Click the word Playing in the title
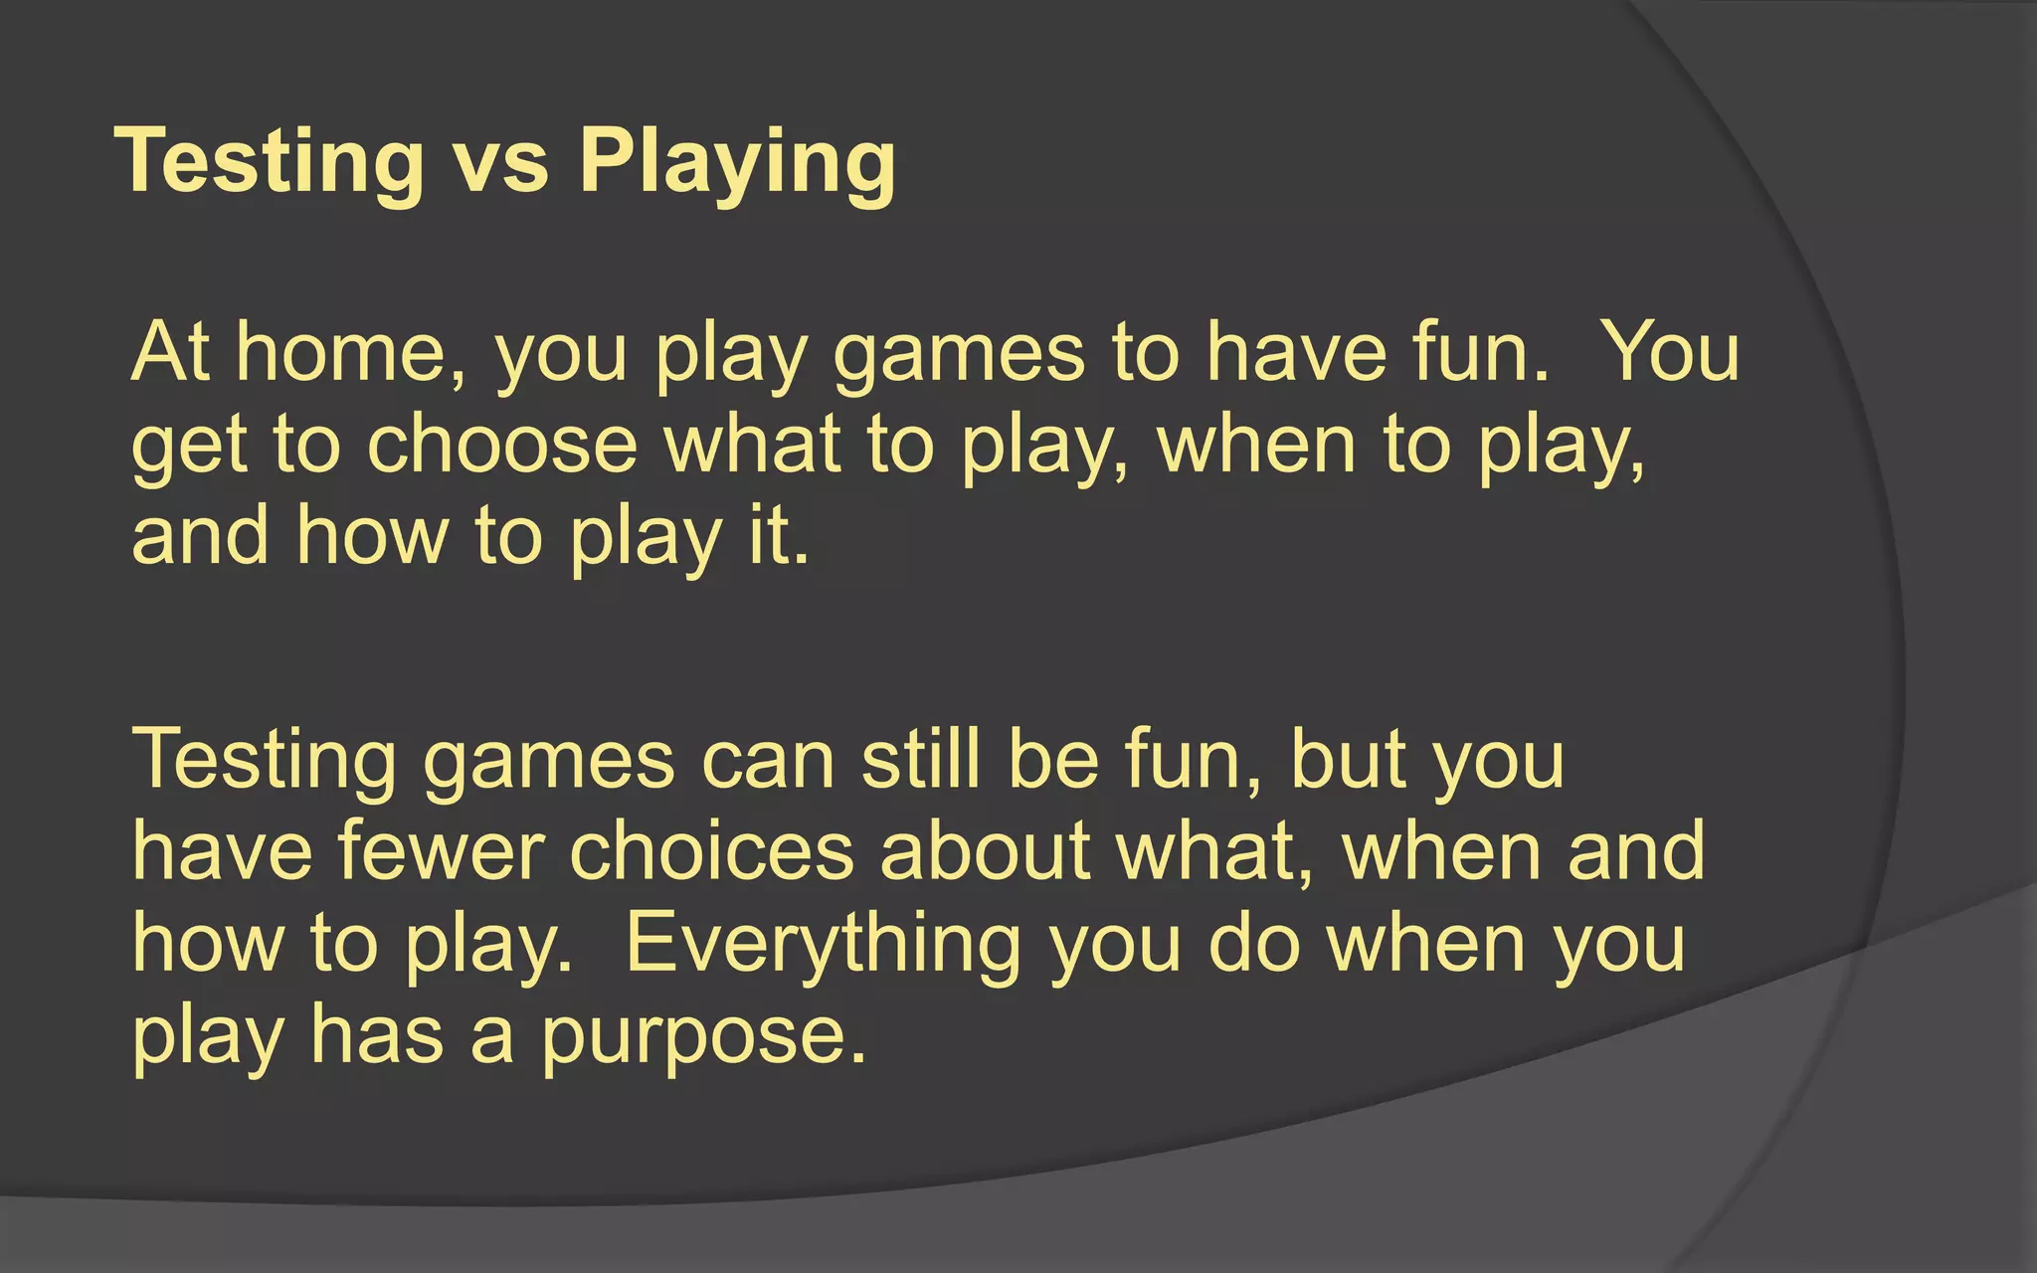[x=737, y=162]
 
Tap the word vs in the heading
[x=501, y=162]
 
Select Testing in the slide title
[x=270, y=162]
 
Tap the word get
[x=189, y=448]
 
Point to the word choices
[x=712, y=851]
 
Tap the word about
[x=985, y=851]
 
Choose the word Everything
[x=823, y=945]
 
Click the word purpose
[x=704, y=1036]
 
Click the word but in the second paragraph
[x=1347, y=760]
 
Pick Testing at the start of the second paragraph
[x=264, y=760]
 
